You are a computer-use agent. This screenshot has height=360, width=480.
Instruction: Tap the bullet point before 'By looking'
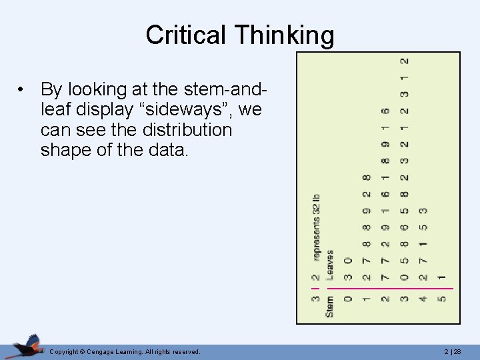pyautogui.click(x=22, y=89)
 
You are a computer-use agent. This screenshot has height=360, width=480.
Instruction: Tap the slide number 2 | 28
pyautogui.click(x=462, y=351)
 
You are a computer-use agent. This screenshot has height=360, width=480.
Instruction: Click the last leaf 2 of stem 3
pyautogui.click(x=404, y=61)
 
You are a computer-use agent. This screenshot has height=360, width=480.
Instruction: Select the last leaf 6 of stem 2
pyautogui.click(x=385, y=111)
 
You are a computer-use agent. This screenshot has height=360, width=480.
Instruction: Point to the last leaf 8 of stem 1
pyautogui.click(x=366, y=178)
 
